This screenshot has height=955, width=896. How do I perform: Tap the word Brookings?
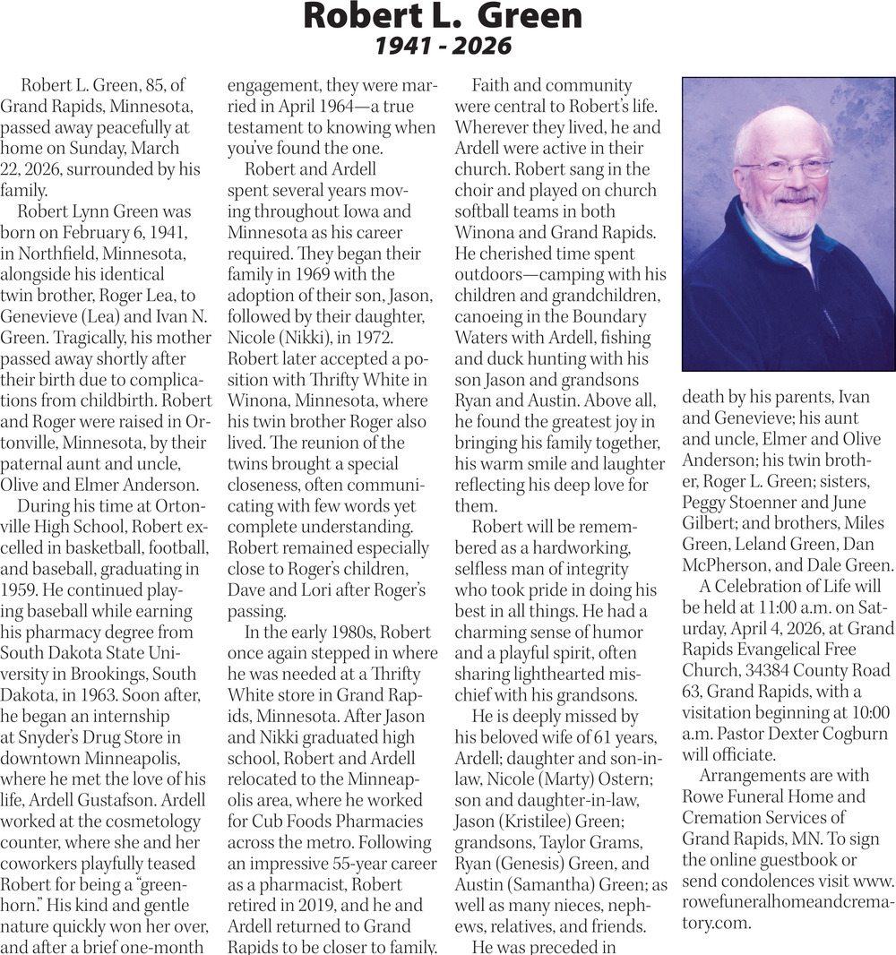pos(120,673)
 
